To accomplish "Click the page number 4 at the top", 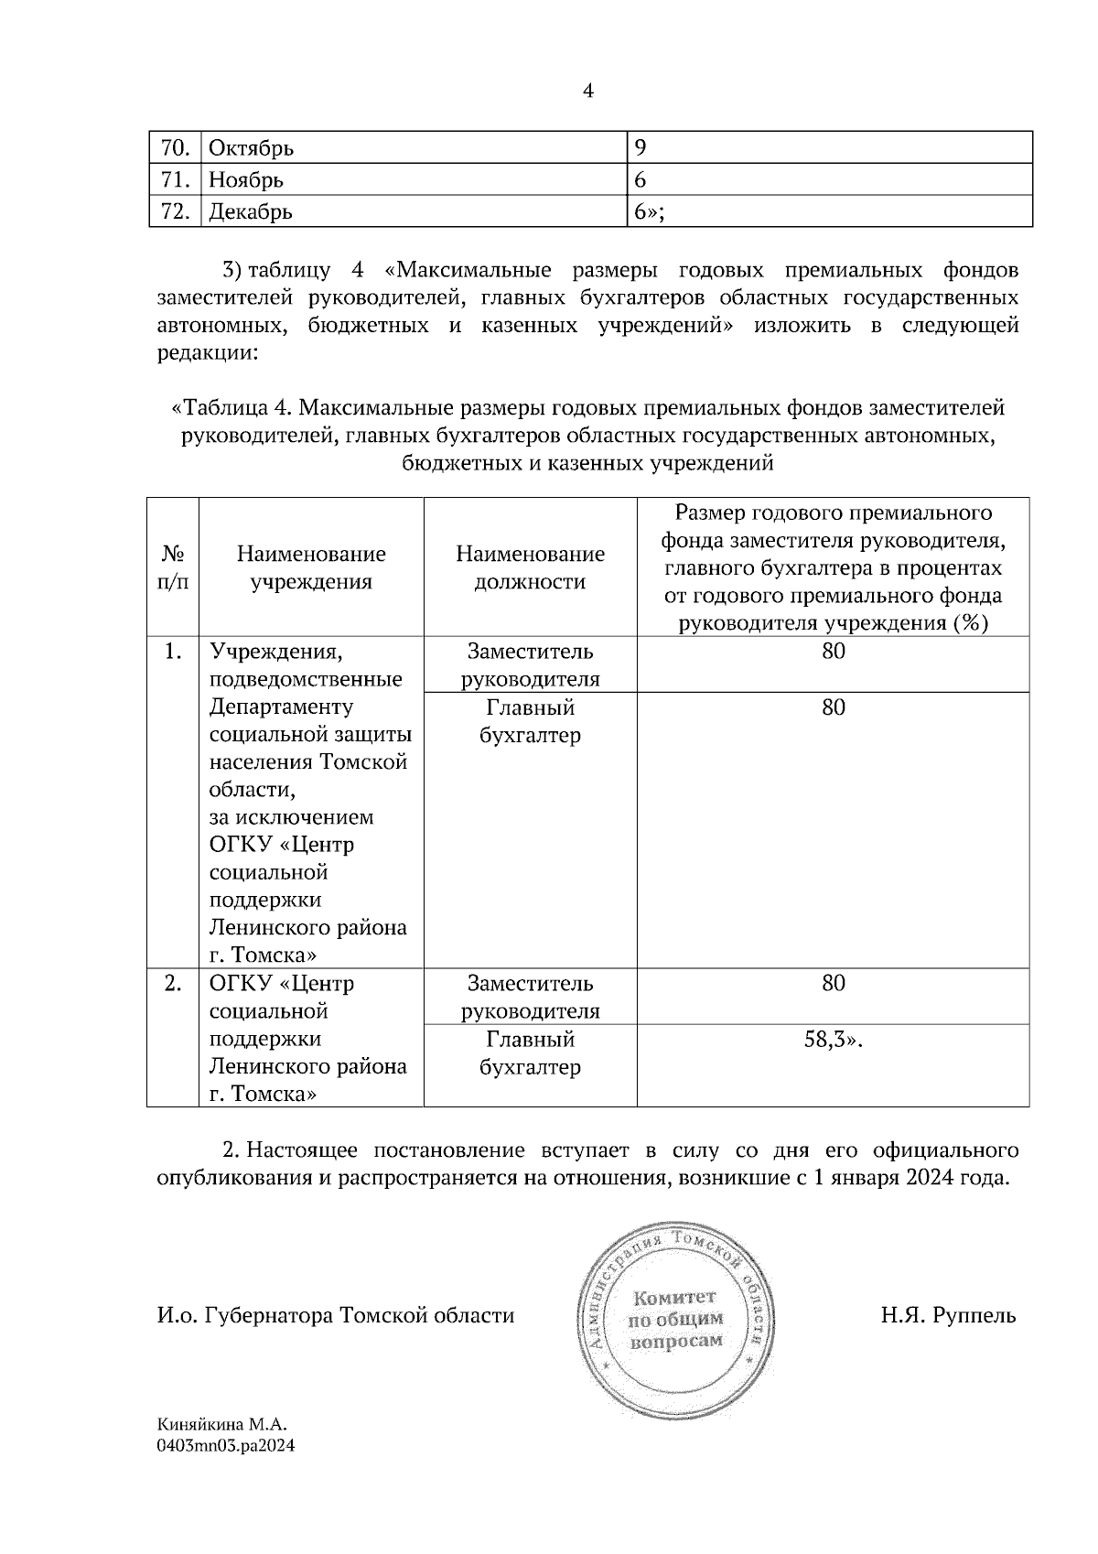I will tap(587, 92).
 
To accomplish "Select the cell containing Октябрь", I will tap(252, 147).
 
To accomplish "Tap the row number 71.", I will tap(174, 179).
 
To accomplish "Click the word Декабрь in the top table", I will tap(251, 212).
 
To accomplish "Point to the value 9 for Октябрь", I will tap(640, 147).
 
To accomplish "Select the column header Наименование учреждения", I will tap(311, 567).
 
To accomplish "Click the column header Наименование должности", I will tap(530, 567).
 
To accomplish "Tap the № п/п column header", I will tap(174, 567).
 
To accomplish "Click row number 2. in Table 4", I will tap(173, 984).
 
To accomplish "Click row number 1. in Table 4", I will tap(173, 652).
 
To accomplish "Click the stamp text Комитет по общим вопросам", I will tap(675, 1319).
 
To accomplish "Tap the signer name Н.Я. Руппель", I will tap(948, 1316).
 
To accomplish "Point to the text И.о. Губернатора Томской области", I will tap(335, 1316).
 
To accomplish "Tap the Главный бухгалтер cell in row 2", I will tap(530, 1052).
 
